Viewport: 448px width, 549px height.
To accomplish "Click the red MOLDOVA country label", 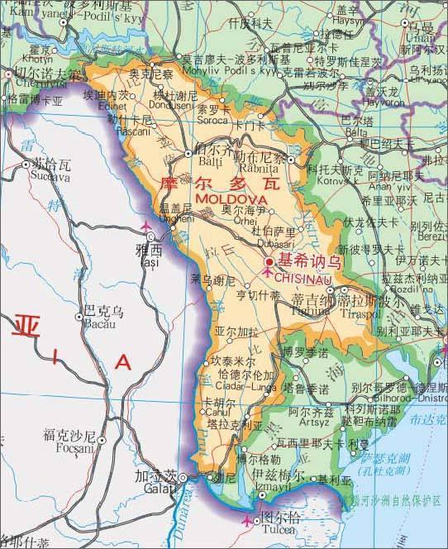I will [x=231, y=200].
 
